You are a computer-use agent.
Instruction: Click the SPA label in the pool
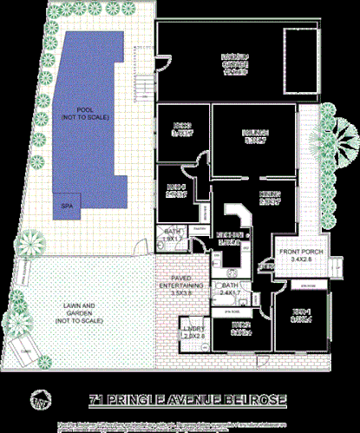point(66,205)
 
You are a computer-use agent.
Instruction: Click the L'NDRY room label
point(192,336)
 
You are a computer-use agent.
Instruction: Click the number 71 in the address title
point(98,401)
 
